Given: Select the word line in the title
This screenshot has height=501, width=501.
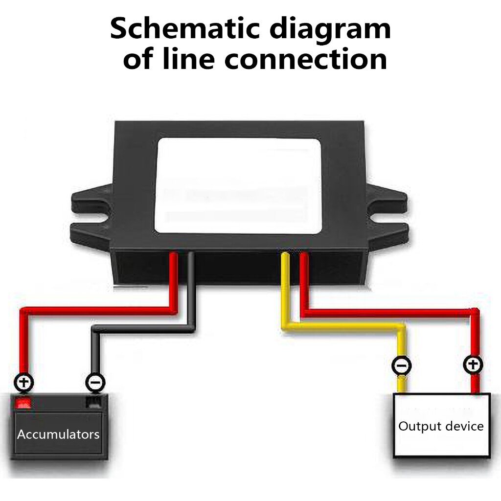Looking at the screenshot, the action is coord(190,60).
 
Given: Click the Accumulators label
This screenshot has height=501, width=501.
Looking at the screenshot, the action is coord(58,434).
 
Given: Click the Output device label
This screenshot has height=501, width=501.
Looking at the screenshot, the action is coord(441,426).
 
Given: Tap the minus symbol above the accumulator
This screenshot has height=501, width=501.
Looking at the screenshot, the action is coord(94,382).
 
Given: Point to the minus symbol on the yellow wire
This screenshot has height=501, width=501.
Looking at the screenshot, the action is coord(402,365).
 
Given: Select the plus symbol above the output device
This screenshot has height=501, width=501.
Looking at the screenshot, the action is coord(473,364).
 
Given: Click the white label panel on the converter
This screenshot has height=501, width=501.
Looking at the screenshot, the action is coord(238,185).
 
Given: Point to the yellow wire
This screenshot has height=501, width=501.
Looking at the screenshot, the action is coord(342,327).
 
